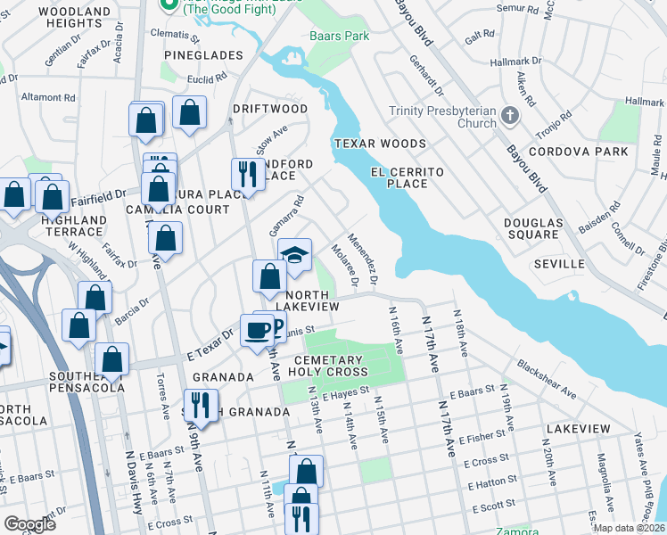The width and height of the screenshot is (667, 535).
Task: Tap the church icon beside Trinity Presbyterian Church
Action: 509,115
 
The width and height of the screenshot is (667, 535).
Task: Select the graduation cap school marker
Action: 294,255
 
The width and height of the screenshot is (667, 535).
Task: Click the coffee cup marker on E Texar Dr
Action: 258,330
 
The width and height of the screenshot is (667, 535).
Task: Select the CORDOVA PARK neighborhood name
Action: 578,152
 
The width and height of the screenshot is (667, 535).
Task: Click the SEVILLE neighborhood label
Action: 559,264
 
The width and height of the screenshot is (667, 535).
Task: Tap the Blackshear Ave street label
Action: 548,380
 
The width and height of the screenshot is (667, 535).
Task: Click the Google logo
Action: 30,524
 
